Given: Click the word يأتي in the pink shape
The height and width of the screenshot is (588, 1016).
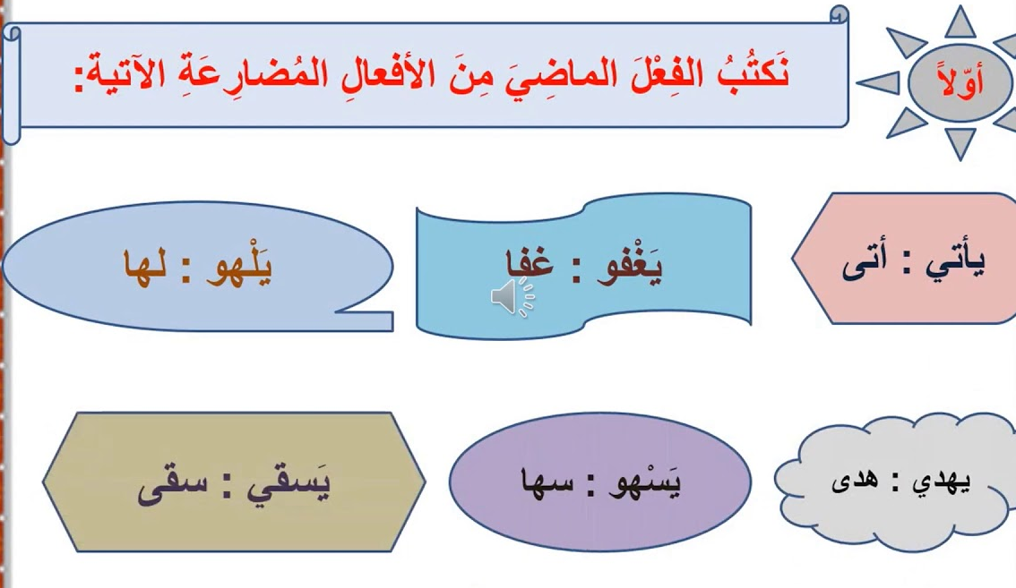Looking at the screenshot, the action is pos(955,263).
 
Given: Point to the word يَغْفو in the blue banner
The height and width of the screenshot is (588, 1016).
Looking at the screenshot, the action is pos(630,266).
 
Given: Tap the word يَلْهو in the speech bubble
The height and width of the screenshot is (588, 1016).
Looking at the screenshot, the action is pos(239,266).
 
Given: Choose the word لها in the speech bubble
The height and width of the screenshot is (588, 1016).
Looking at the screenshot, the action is pos(145,266).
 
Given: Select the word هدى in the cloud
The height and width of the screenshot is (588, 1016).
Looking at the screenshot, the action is pos(856,481).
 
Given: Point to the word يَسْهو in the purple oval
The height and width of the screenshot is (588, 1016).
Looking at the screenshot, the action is pos(644,482).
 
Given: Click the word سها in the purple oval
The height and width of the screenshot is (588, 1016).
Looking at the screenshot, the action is pos(547,482).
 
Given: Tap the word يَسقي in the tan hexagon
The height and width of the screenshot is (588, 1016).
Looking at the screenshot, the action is pos(288,483).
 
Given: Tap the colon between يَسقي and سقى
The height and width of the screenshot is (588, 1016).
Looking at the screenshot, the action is pos(228,488).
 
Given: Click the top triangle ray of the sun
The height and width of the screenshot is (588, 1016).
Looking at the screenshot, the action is pos(960,23).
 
